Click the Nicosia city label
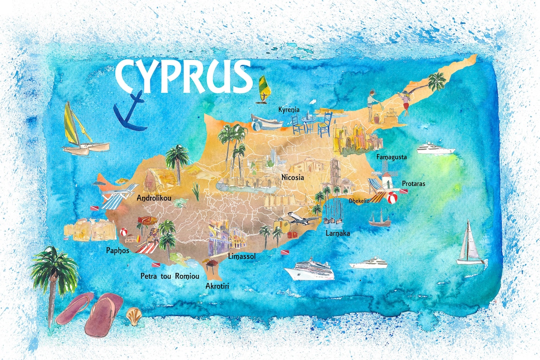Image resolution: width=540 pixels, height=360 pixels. click(292, 177)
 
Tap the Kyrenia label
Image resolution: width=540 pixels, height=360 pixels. click(288, 109)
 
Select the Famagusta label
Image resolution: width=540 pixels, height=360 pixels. click(391, 157)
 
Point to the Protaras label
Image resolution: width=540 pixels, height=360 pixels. click(413, 184)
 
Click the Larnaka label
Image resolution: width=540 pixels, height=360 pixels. click(337, 233)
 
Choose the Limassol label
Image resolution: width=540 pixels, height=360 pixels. click(241, 256)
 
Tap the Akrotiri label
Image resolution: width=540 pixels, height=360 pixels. click(220, 286)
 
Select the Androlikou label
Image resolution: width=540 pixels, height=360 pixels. click(154, 198)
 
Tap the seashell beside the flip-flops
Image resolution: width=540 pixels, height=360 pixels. click(133, 315)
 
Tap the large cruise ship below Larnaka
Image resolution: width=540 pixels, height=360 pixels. click(308, 270)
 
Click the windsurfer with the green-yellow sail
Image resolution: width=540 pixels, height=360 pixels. click(264, 90)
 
